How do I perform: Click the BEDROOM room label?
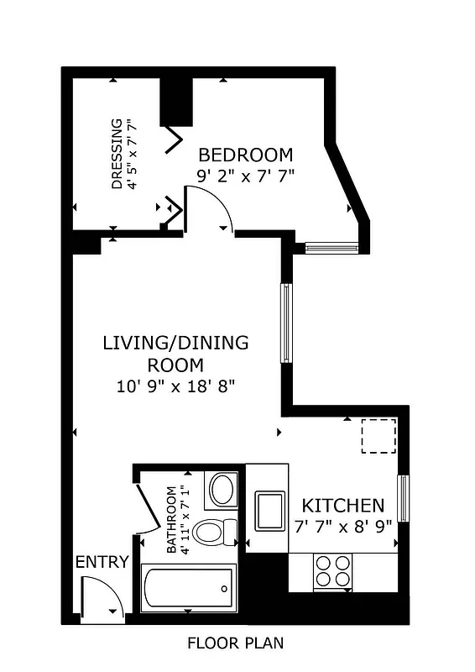click(x=245, y=155)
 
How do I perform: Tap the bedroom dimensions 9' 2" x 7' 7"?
click(x=245, y=176)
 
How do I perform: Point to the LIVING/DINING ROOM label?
click(x=175, y=354)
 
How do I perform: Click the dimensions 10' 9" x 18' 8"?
click(x=175, y=387)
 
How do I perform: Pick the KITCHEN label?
click(x=343, y=506)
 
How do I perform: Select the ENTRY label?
click(x=102, y=562)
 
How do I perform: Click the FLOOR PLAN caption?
click(x=235, y=644)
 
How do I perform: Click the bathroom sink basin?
click(x=222, y=490)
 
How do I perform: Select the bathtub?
click(x=189, y=588)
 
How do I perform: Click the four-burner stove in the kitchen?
click(x=331, y=571)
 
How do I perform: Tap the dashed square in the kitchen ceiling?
click(x=378, y=436)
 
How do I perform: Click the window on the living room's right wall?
click(x=286, y=323)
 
